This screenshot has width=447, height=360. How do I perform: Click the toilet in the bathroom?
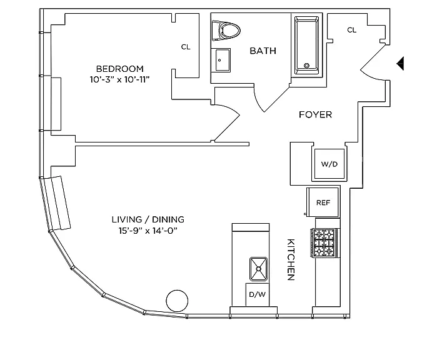[226, 30]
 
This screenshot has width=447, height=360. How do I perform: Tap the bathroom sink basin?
[223, 60]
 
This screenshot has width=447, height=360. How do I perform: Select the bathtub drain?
[307, 66]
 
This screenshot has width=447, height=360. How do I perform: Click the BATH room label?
[263, 51]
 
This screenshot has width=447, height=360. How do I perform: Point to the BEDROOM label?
[120, 69]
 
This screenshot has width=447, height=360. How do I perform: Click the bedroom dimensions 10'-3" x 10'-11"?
[120, 79]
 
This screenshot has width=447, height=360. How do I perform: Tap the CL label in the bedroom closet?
[186, 47]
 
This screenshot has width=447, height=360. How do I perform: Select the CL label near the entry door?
[352, 30]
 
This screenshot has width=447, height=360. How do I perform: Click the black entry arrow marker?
[400, 63]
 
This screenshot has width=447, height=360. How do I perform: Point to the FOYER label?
[315, 114]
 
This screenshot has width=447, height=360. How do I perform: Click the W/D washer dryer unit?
[329, 164]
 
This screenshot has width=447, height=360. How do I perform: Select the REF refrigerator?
[323, 202]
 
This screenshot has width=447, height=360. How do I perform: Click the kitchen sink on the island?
[259, 269]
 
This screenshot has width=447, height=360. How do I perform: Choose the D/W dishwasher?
[258, 295]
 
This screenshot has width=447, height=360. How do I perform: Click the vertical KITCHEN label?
[291, 259]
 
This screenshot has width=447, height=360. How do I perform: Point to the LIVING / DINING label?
[148, 219]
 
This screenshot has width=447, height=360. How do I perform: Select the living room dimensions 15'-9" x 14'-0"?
[148, 231]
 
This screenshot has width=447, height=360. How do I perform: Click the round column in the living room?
[177, 301]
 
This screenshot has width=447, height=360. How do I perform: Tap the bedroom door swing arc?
[231, 109]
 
